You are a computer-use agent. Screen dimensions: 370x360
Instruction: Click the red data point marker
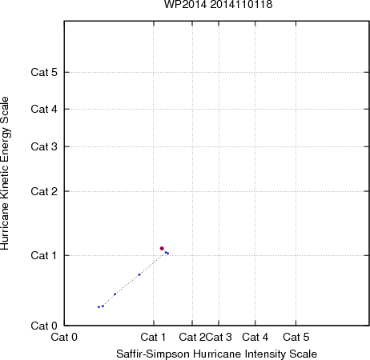tap(162, 248)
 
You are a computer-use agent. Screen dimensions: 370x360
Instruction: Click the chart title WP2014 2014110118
tap(218, 4)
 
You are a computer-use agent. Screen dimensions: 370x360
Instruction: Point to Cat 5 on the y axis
tap(44, 72)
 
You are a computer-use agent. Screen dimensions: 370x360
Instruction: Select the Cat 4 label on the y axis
tap(44, 109)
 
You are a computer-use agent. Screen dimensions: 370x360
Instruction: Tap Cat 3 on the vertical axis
tap(44, 146)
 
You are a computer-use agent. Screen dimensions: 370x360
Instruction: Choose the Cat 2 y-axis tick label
tap(44, 191)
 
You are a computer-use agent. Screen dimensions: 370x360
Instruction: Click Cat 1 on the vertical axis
tap(44, 255)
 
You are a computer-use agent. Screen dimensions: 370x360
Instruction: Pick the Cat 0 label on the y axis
tap(44, 326)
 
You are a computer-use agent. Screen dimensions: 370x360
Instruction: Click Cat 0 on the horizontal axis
tap(64, 337)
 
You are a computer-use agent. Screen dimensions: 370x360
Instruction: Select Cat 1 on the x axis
tap(153, 337)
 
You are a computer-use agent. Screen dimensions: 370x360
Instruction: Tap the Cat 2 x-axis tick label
tap(192, 337)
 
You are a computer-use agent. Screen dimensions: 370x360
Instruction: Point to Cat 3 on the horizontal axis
tap(219, 337)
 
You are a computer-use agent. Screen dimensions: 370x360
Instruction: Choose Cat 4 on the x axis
tap(255, 337)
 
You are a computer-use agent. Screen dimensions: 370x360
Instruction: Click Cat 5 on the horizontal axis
tap(296, 337)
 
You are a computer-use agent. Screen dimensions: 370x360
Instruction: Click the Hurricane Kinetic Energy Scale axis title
tap(5, 174)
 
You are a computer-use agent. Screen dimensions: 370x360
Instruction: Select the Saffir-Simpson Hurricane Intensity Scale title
tap(217, 354)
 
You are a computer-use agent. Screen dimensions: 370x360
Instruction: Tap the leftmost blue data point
tap(99, 307)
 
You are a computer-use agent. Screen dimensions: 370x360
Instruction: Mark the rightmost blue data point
tap(168, 254)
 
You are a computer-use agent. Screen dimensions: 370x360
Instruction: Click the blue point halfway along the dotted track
tap(139, 274)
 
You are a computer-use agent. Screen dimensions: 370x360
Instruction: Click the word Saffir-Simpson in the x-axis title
tap(153, 354)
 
